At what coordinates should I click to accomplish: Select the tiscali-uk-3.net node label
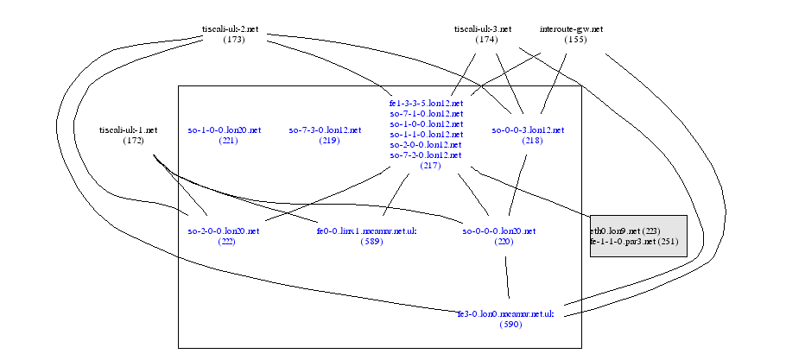484,29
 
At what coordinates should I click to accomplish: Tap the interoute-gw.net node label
571,29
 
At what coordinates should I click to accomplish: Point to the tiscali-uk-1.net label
129,130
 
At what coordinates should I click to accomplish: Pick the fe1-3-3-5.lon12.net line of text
427,104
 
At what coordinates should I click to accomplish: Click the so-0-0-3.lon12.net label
528,130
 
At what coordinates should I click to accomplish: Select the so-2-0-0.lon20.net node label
224,231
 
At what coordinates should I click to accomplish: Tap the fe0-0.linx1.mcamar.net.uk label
367,231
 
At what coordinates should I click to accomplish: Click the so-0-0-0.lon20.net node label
499,231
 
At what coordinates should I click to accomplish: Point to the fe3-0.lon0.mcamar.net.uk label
505,314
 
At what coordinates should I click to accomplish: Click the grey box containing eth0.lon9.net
638,236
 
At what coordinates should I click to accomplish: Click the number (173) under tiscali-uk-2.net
233,40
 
